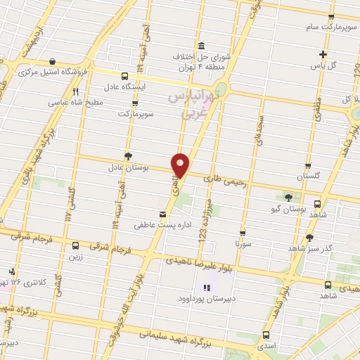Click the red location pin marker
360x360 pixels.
click(180, 165)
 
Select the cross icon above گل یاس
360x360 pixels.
click(323, 54)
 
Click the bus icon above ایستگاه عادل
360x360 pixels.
click(124, 76)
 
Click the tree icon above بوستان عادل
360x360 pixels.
click(127, 156)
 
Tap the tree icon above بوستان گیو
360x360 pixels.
click(288, 198)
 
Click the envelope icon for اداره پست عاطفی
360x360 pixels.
click(163, 214)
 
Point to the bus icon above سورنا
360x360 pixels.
click(243, 233)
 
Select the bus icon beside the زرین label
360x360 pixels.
click(75, 245)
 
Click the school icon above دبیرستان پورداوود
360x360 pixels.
click(207, 287)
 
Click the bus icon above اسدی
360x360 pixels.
click(266, 335)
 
